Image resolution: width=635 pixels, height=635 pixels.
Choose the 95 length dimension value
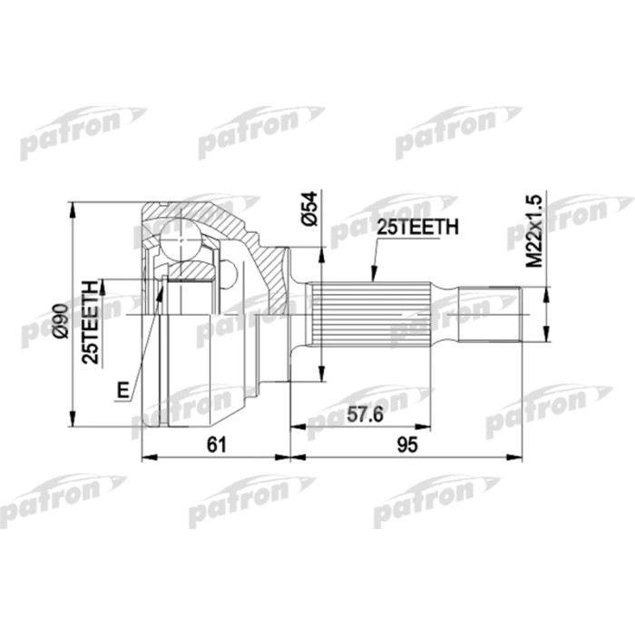pyautogui.click(x=405, y=444)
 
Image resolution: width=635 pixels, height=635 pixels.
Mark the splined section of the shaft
pyautogui.click(x=367, y=317)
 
